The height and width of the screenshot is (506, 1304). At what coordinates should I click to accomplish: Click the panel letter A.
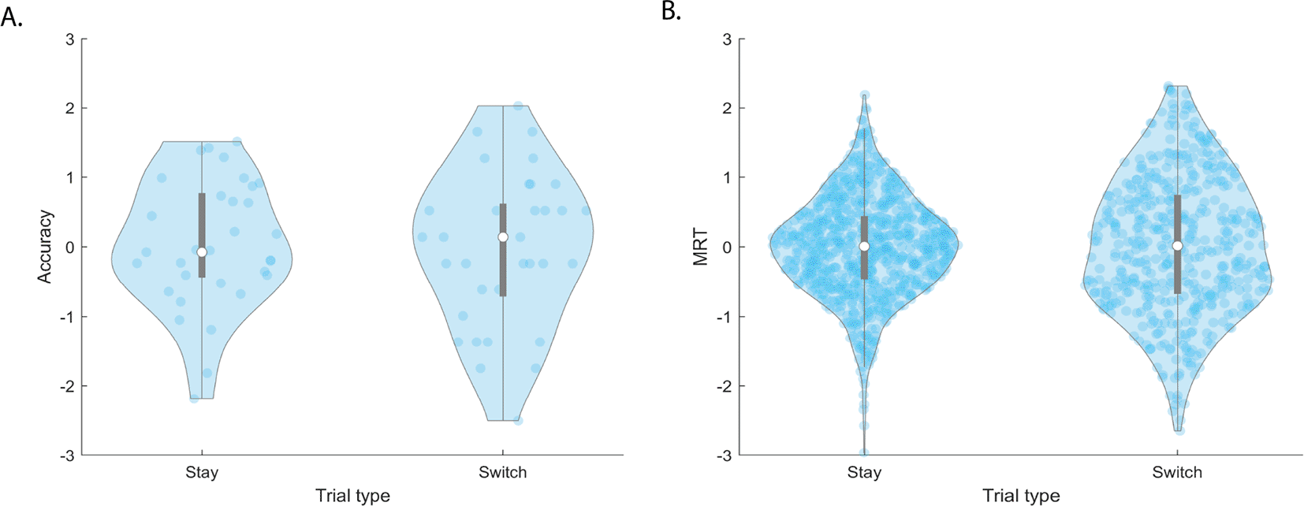click(x=11, y=16)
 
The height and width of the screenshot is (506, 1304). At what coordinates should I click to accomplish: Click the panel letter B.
click(x=671, y=12)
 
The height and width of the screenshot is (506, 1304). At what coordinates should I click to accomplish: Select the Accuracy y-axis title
click(x=45, y=247)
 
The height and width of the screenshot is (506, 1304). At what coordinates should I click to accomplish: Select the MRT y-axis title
click(x=701, y=247)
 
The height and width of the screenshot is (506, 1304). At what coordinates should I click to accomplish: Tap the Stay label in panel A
click(x=202, y=473)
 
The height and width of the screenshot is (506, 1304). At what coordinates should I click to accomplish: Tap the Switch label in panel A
click(x=502, y=473)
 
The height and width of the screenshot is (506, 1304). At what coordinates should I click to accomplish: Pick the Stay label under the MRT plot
click(x=864, y=473)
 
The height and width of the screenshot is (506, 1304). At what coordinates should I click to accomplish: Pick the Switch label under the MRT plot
click(x=1177, y=473)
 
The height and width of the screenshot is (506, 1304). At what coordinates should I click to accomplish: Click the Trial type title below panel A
click(x=352, y=496)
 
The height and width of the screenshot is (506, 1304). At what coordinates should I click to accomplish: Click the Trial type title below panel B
click(x=1021, y=496)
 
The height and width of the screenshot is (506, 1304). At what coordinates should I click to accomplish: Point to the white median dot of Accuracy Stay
click(x=202, y=252)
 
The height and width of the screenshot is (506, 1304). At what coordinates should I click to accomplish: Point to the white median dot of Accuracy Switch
click(x=503, y=237)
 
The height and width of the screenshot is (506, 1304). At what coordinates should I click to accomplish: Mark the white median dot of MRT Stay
click(x=864, y=247)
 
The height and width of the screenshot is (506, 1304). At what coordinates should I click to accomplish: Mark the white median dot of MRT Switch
click(x=1178, y=246)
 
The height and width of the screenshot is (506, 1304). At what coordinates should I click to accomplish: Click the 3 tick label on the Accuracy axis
click(x=71, y=39)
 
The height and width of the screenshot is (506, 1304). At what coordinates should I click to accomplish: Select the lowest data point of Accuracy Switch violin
click(x=518, y=420)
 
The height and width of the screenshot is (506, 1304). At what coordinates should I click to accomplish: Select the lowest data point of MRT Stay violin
click(x=864, y=453)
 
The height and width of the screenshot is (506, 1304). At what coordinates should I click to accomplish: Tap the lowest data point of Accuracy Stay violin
click(x=194, y=398)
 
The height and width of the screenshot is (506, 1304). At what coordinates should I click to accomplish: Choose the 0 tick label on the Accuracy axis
click(x=71, y=247)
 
